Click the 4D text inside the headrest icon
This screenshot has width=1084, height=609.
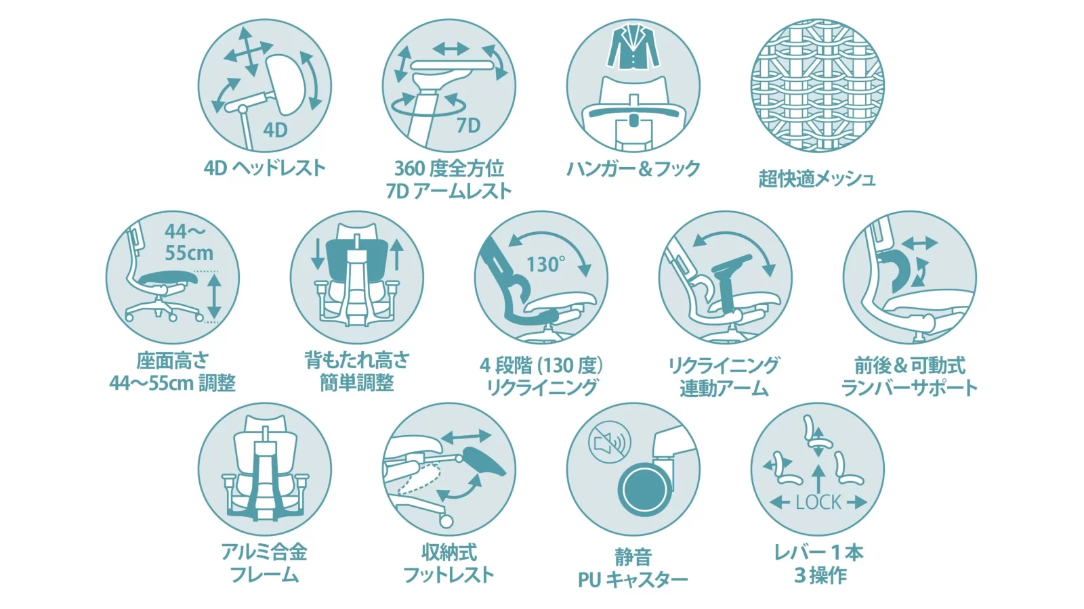pyautogui.click(x=275, y=129)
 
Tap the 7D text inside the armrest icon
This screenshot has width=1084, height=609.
pyautogui.click(x=468, y=125)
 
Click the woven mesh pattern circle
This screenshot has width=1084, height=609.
pyautogui.click(x=817, y=86)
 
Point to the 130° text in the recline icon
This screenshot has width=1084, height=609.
pyautogui.click(x=546, y=264)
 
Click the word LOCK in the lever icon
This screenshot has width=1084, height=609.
pyautogui.click(x=818, y=502)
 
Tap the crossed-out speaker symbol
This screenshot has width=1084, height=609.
pyautogui.click(x=609, y=443)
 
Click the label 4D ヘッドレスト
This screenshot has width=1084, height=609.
pyautogui.click(x=264, y=168)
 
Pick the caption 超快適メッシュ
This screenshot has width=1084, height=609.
pyautogui.click(x=817, y=179)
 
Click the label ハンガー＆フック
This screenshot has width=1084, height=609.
pyautogui.click(x=633, y=168)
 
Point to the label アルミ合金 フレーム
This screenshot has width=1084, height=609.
pyautogui.click(x=264, y=563)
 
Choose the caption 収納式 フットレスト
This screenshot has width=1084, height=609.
pyautogui.click(x=449, y=563)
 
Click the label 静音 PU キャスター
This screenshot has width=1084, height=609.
pyautogui.click(x=633, y=568)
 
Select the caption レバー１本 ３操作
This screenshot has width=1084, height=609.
pyautogui.click(x=818, y=564)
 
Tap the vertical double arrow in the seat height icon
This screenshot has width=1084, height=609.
pyautogui.click(x=214, y=296)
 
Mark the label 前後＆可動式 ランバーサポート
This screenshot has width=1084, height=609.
pyautogui.click(x=909, y=376)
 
